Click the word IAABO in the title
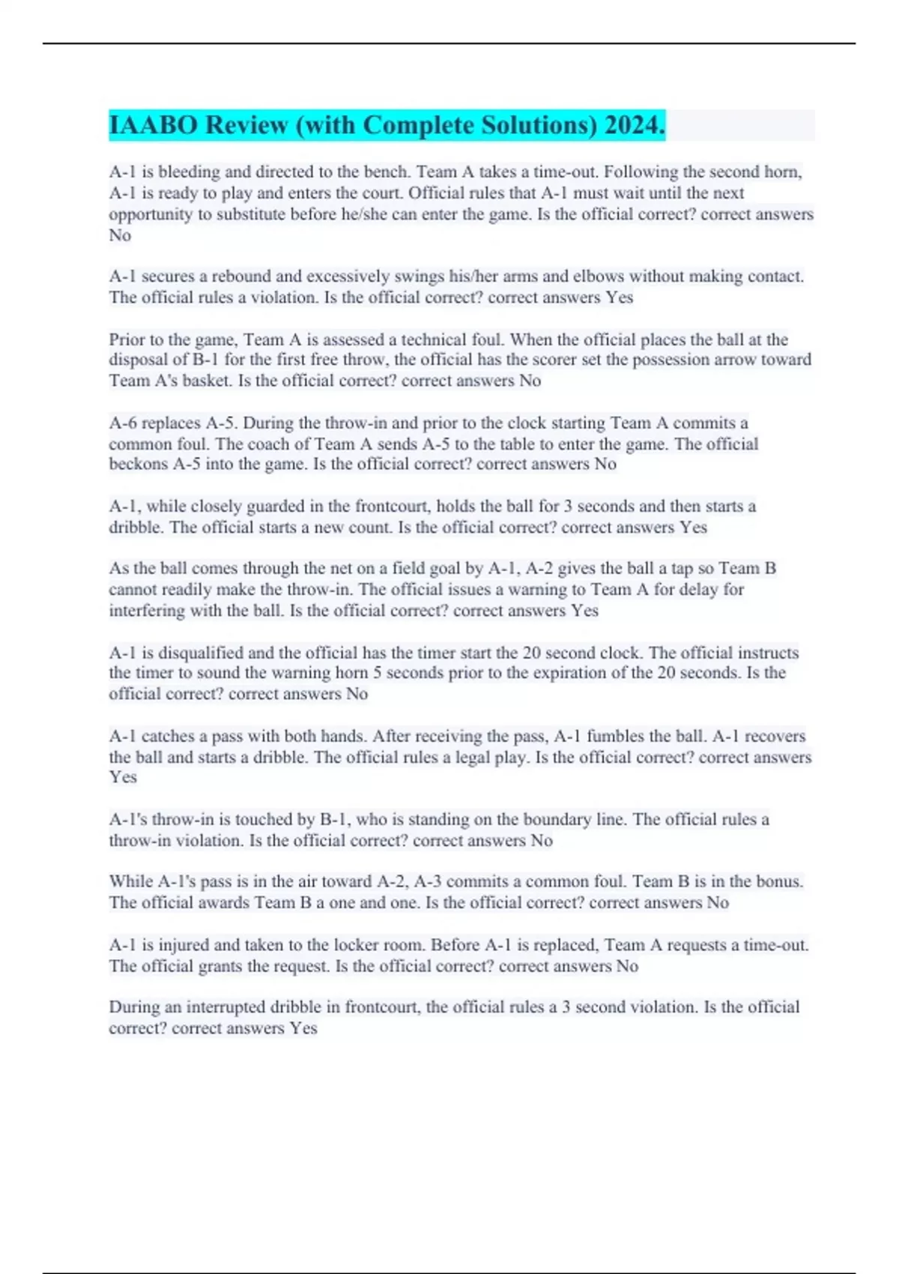[x=153, y=125]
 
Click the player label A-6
[x=124, y=423]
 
